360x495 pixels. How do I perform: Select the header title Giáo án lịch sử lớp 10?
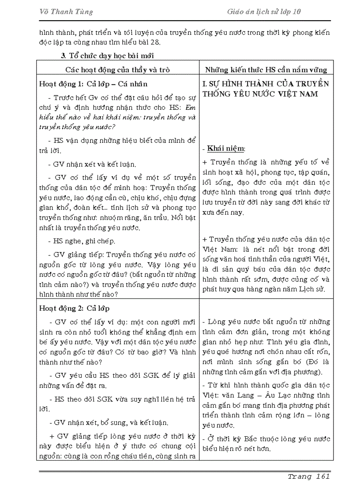[261, 12]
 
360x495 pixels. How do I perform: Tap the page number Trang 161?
[308, 476]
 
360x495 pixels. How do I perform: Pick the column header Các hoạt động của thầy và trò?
[118, 69]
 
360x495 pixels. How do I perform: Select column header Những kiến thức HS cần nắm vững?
[266, 69]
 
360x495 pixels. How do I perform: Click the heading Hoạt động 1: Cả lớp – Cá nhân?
[94, 84]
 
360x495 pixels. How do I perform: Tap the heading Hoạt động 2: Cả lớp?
[75, 308]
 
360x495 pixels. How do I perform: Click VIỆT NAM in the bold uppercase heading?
[298, 94]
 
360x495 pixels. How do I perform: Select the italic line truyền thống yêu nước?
[77, 127]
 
